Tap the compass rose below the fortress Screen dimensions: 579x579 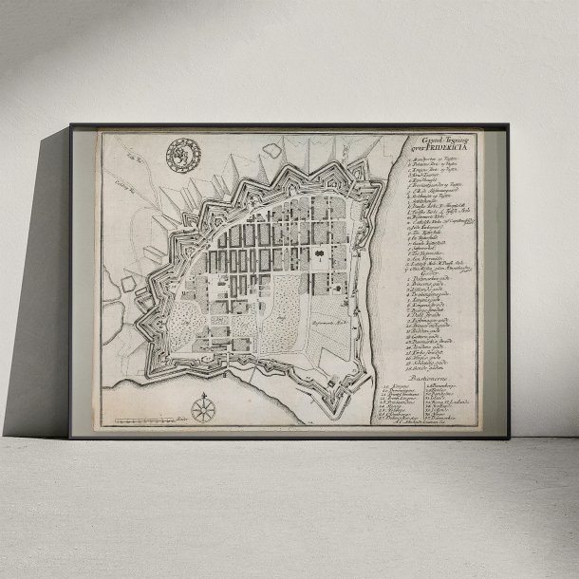(202, 409)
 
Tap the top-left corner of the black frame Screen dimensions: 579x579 (69, 124)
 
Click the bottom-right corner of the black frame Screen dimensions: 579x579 (510, 439)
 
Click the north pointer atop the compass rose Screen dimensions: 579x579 (202, 395)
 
